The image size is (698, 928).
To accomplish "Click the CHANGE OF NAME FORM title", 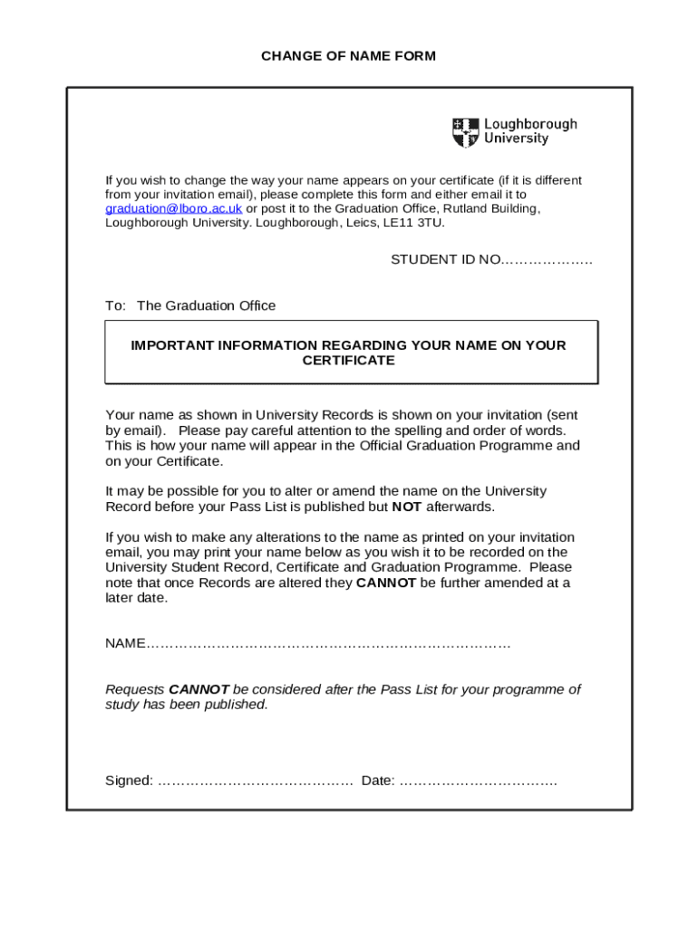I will pos(348,56).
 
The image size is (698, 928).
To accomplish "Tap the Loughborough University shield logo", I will pos(465,132).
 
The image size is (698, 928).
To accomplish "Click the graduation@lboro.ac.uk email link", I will pos(173,208).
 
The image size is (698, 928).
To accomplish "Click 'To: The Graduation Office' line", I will pos(190,306).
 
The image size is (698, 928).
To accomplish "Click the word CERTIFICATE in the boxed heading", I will pos(348,361).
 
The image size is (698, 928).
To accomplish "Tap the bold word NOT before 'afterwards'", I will pos(406,507).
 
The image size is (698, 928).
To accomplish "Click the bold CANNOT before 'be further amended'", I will pos(386,583).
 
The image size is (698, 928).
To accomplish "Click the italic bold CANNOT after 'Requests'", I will pos(199,690).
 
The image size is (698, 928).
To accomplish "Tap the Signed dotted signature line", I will pos(255,780).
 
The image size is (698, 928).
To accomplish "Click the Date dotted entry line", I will pos(478,780).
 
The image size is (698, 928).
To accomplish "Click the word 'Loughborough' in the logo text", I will pos(530,124).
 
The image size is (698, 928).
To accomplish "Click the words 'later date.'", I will pos(137,598).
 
